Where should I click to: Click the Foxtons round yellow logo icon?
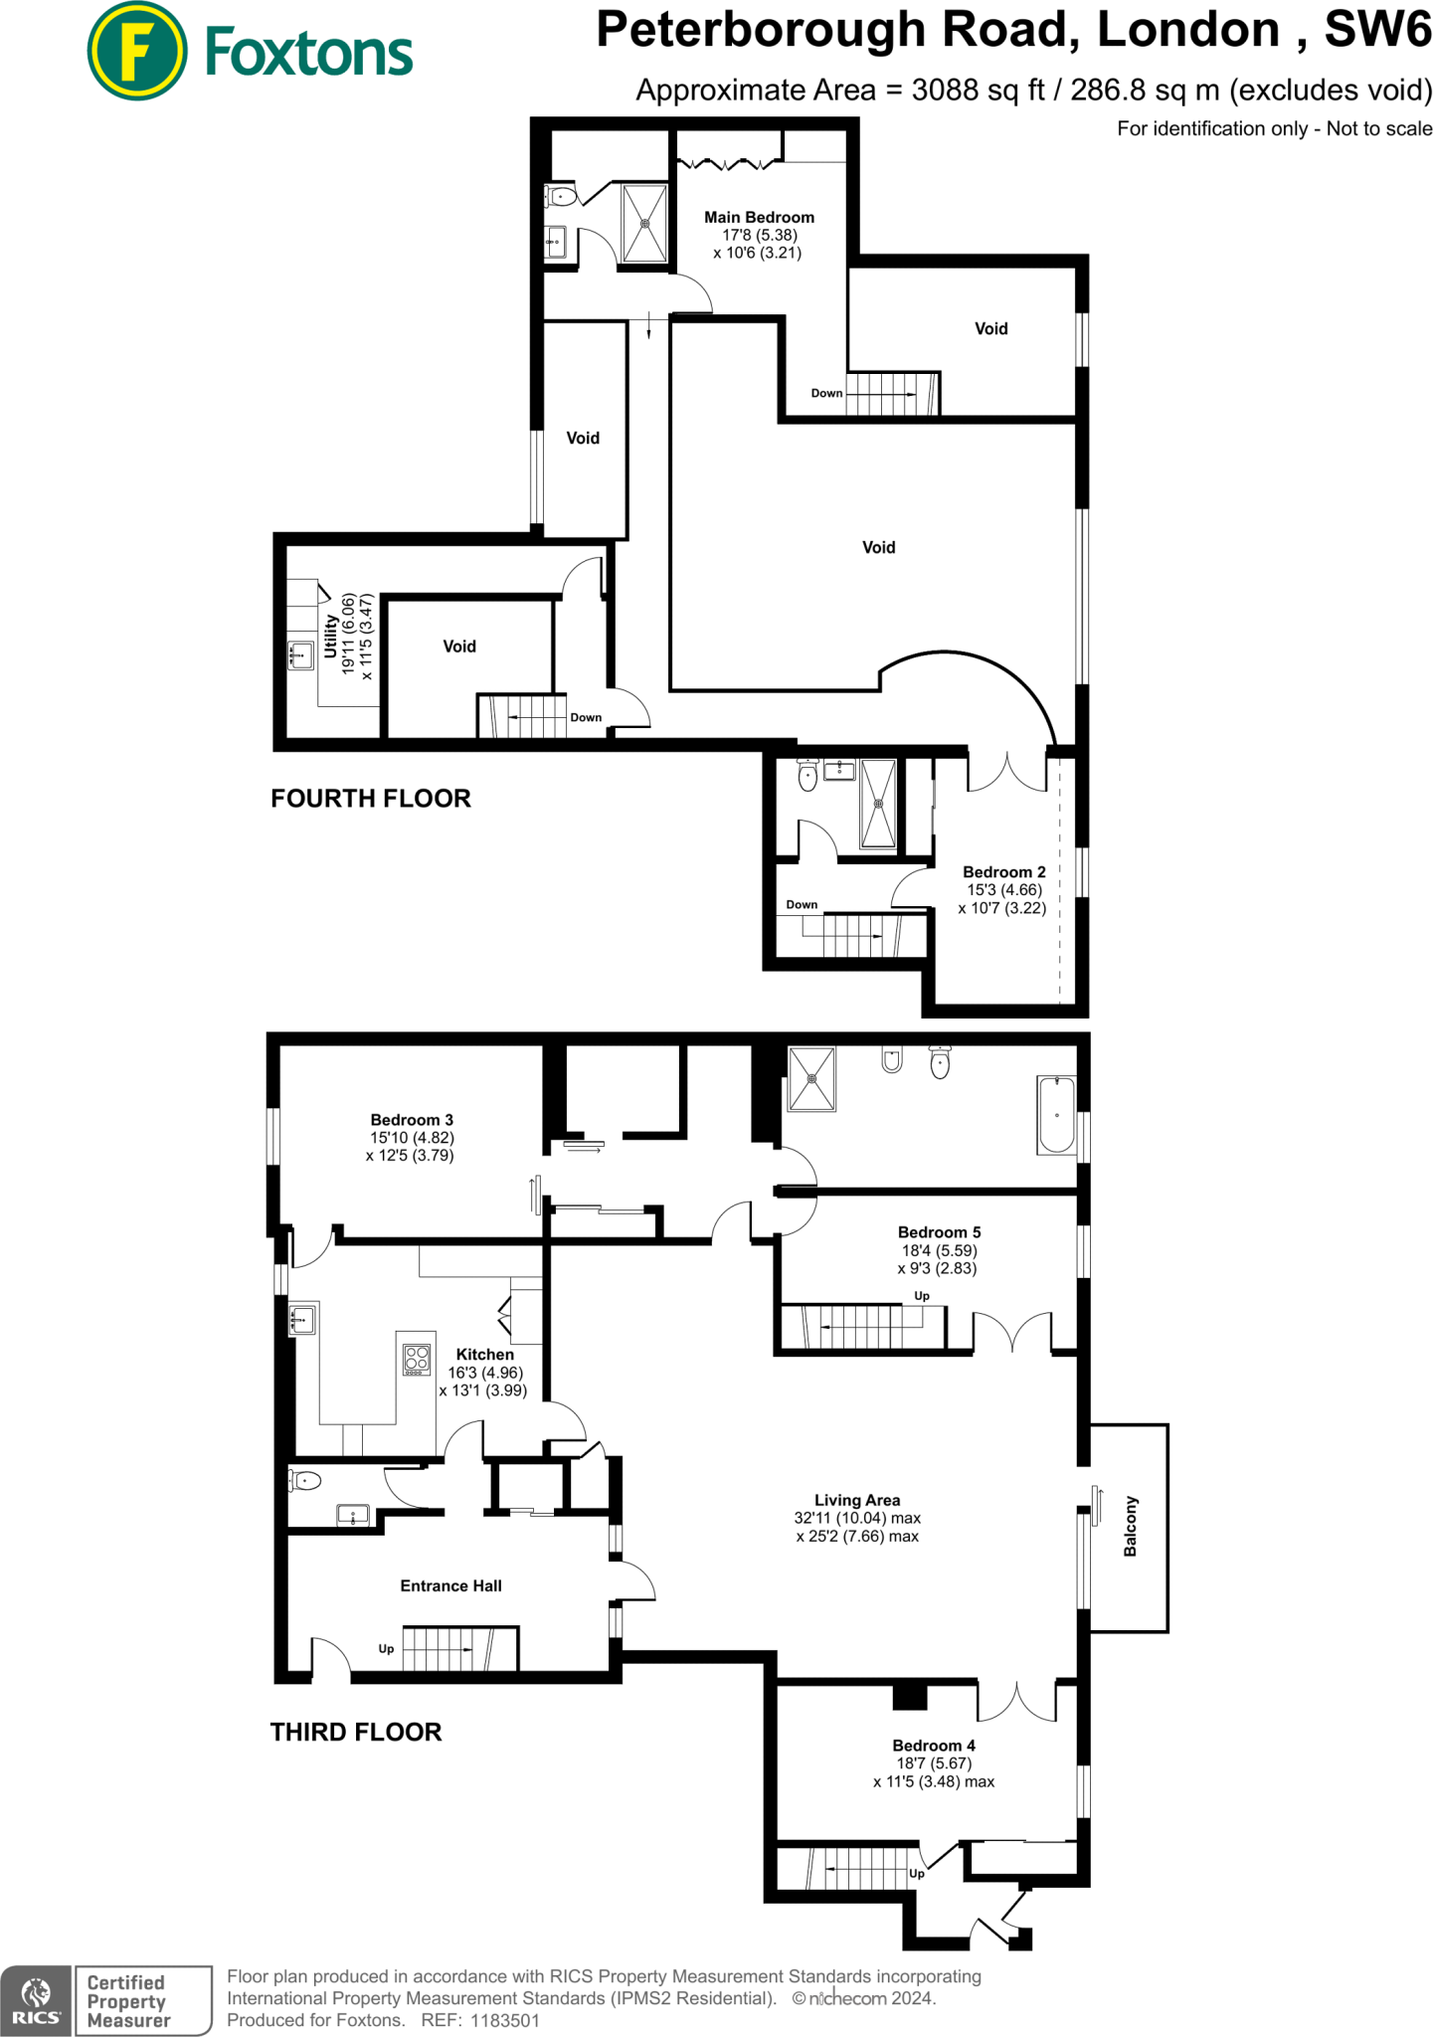click(136, 51)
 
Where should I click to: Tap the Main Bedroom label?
click(759, 217)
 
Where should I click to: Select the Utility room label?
click(331, 636)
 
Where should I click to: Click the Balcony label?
click(1130, 1526)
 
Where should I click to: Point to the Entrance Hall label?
click(450, 1585)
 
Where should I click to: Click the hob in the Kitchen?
click(418, 1359)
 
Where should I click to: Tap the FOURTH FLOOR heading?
click(371, 799)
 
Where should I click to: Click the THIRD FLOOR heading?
click(356, 1732)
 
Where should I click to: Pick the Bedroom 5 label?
click(939, 1232)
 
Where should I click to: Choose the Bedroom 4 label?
click(933, 1746)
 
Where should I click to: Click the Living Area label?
click(856, 1500)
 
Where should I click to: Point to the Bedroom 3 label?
click(412, 1120)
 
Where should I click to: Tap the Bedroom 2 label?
click(1003, 872)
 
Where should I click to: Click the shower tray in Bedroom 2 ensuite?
click(878, 804)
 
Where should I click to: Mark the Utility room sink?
click(300, 656)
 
